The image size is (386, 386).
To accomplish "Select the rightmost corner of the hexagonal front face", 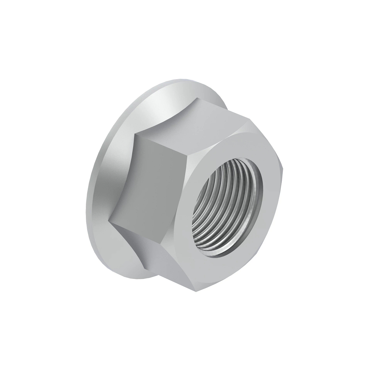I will point(283,167).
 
